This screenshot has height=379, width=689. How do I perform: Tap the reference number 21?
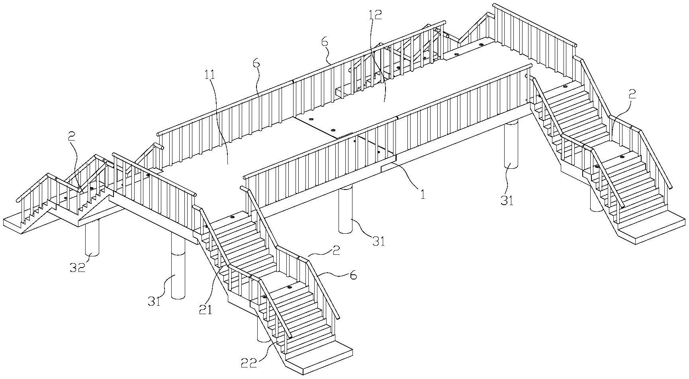(206, 309)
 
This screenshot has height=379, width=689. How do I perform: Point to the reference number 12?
(375, 15)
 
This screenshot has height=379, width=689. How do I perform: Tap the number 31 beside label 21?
(155, 302)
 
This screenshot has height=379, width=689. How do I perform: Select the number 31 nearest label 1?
(378, 241)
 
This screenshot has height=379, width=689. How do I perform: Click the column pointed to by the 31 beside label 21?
(178, 267)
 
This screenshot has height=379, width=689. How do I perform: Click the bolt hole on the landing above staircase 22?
(290, 287)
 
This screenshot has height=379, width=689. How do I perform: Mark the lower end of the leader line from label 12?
(384, 102)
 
